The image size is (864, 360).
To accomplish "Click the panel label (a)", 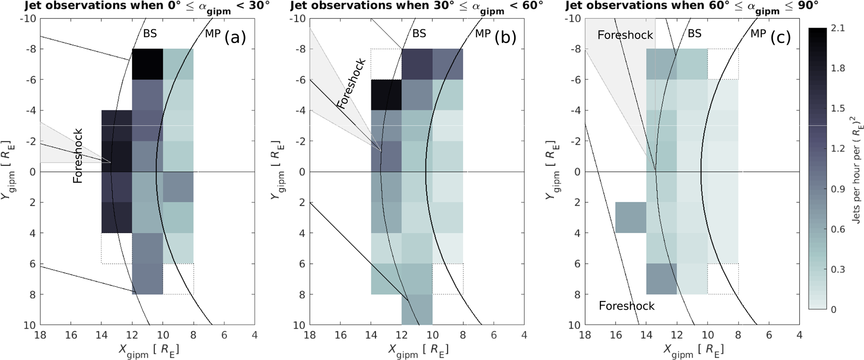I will tap(235, 38).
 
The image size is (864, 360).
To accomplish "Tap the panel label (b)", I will tap(505, 38).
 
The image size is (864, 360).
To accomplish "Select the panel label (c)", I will tap(780, 38).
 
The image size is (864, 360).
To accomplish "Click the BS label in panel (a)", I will tap(150, 33).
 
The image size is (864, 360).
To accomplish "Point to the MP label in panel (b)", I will tap(483, 33).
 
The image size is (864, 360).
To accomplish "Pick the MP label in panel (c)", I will tap(758, 33).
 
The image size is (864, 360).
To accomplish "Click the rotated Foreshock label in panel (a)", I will tap(78, 156).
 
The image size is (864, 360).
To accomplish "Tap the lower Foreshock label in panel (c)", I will tap(627, 306).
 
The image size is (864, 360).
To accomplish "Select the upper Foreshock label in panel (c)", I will tap(625, 35).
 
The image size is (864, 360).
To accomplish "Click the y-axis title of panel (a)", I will tap(8, 171).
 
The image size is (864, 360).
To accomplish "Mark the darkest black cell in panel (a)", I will tap(147, 64).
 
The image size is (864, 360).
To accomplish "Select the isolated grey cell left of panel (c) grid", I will tap(630, 217).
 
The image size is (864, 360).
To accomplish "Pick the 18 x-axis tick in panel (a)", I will tap(40, 335).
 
